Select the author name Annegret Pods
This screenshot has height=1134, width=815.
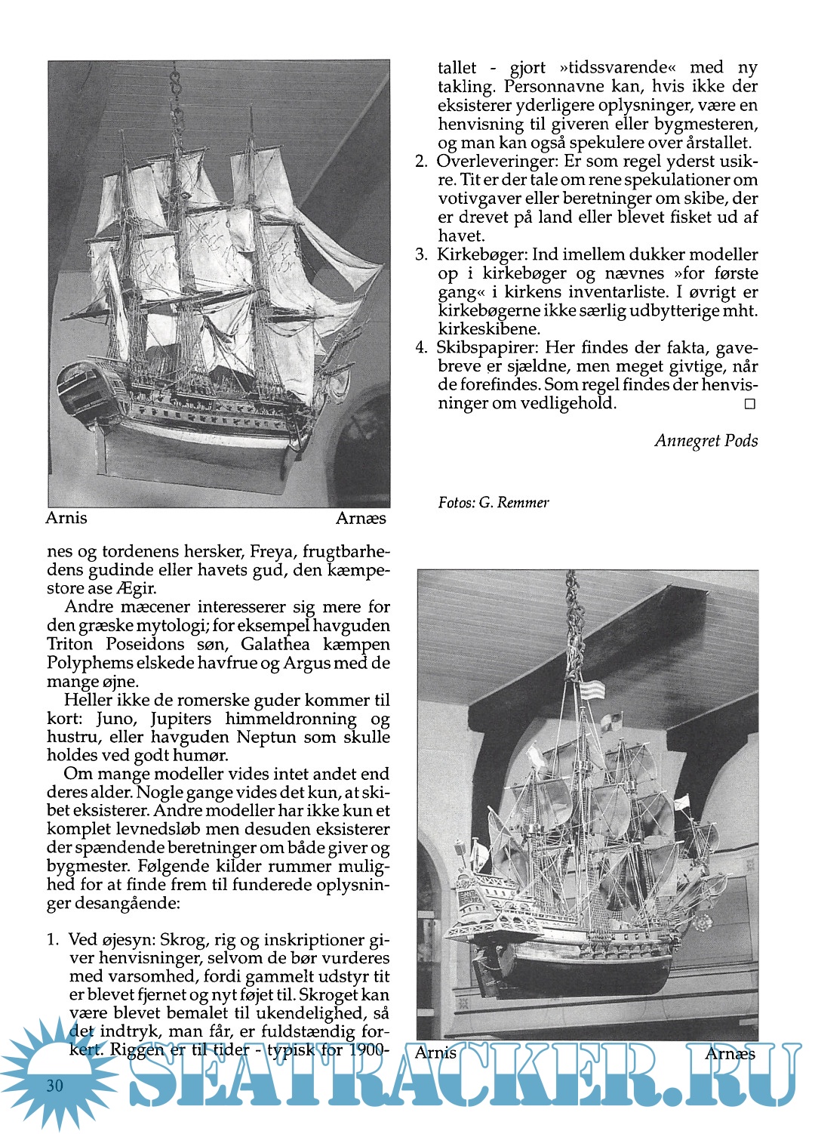706,441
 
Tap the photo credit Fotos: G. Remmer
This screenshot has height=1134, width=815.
494,503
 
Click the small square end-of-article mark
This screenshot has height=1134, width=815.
749,404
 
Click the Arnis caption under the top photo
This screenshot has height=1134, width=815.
66,519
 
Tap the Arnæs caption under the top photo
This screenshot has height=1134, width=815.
361,519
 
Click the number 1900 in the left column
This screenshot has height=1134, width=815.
368,1049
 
